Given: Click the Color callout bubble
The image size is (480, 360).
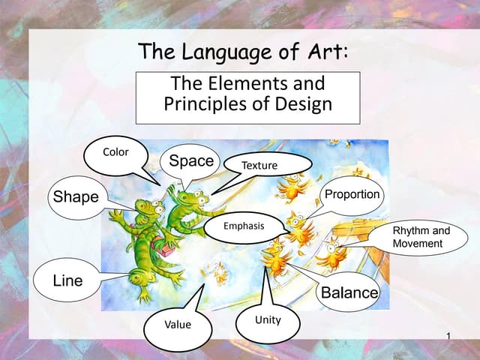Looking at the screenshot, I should tap(115, 152).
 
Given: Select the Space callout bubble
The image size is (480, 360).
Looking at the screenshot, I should tap(191, 160).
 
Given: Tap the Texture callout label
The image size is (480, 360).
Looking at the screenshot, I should tap(260, 164).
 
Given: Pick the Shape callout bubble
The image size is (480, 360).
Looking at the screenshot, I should tap(76, 197).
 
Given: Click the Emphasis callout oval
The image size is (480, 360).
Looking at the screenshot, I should tap(244, 226).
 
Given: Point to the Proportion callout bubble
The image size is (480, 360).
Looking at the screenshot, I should tap(352, 195).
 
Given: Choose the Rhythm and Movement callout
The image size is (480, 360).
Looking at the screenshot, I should tap(421, 237).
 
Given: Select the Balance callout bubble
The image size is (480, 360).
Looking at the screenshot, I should tap(349, 292).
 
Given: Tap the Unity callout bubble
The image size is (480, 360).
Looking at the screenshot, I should tap(268, 320).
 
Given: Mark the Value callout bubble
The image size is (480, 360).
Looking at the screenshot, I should tap(178, 325).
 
